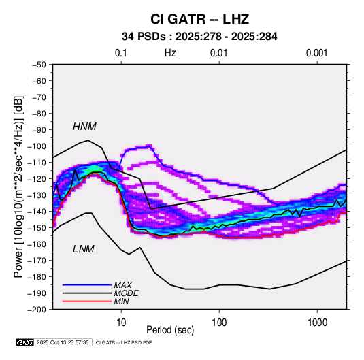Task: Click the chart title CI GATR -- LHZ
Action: pos(199,19)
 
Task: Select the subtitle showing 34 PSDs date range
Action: pos(199,37)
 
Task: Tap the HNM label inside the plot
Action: pos(84,127)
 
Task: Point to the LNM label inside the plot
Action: pos(84,249)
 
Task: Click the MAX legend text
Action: pos(122,284)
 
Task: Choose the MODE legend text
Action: pos(126,293)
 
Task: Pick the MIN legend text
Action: pos(121,301)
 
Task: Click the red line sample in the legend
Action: pos(87,301)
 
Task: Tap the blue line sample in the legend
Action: pos(87,284)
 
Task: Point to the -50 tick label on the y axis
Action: pos(39,65)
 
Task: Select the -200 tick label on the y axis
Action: pos(37,310)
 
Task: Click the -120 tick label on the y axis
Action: pos(37,179)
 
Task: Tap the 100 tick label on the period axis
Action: pos(219,323)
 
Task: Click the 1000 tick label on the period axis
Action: pos(317,323)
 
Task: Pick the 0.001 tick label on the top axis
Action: pos(316,53)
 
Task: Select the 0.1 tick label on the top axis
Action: pos(121,53)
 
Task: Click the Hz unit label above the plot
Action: pos(170,53)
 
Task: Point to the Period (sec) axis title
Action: pos(170,330)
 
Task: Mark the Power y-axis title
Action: pos(18,187)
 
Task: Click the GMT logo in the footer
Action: pos(25,342)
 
